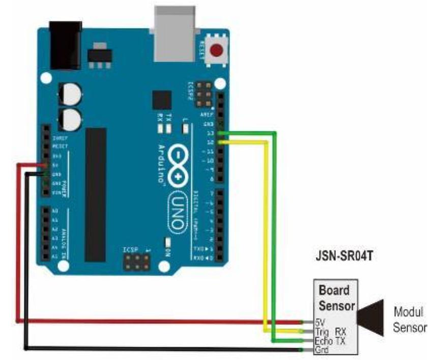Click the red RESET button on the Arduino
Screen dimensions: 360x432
218,51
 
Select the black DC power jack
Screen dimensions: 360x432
65,44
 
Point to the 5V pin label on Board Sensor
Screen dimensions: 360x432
320,322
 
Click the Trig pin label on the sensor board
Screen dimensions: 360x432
322,331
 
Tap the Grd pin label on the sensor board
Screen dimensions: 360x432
322,349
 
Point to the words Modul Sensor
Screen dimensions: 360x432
409,319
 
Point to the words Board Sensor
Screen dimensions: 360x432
334,298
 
